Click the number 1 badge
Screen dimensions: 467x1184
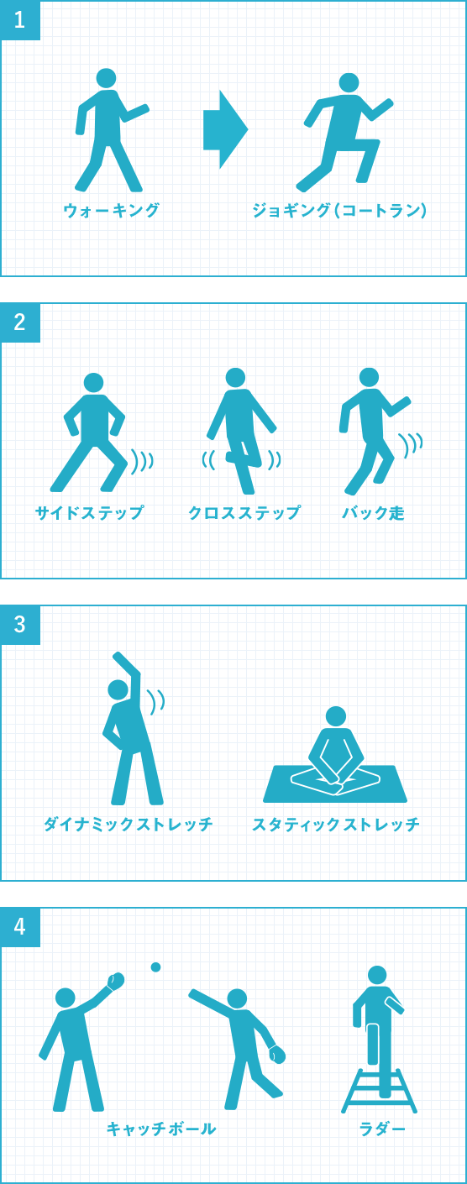click(x=20, y=20)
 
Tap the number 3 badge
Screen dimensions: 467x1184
click(x=20, y=624)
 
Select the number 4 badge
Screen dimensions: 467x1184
click(x=20, y=926)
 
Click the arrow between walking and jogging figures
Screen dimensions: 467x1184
click(x=226, y=129)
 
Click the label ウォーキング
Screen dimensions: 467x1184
click(x=111, y=211)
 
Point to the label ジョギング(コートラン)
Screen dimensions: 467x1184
click(x=339, y=211)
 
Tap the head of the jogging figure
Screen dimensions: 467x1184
click(x=349, y=82)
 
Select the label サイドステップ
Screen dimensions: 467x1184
click(x=89, y=513)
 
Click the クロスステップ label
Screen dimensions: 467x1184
click(x=244, y=513)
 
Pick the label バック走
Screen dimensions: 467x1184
click(x=373, y=513)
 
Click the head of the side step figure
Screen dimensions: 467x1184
click(x=94, y=383)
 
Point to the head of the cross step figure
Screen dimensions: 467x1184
click(x=235, y=377)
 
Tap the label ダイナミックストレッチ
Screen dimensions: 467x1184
click(x=129, y=824)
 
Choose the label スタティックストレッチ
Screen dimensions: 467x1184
click(x=336, y=824)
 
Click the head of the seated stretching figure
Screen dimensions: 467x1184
click(x=336, y=716)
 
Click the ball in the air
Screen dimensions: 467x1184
click(x=155, y=967)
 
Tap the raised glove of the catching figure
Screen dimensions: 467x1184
click(x=116, y=981)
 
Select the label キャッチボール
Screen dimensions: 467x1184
click(x=161, y=1129)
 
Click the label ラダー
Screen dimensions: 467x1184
click(x=382, y=1129)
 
